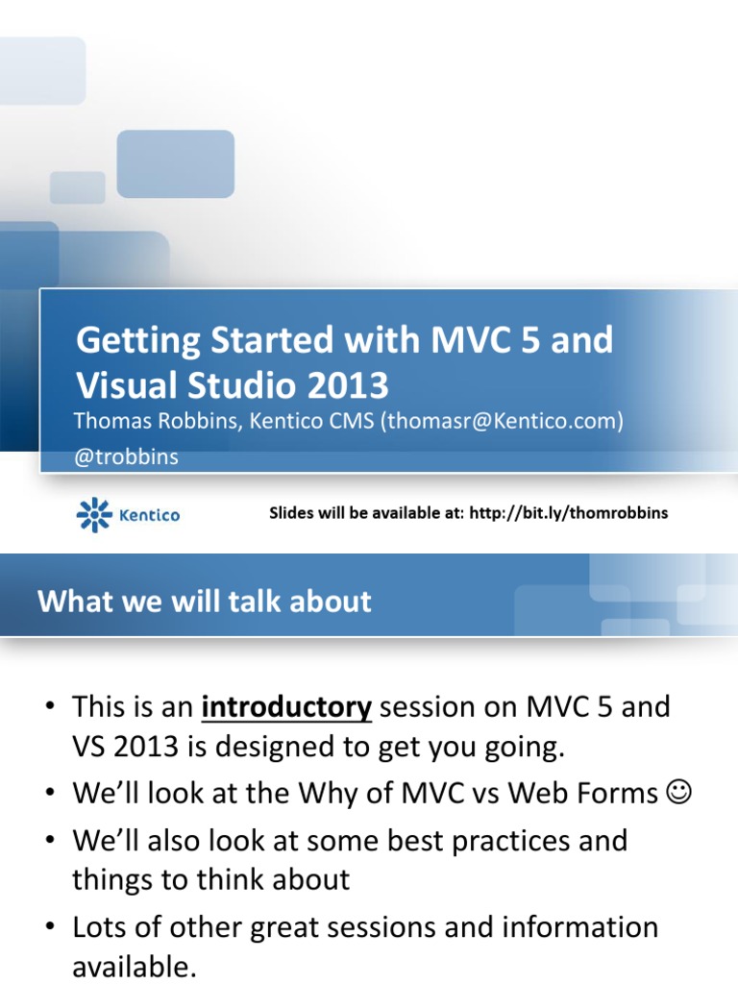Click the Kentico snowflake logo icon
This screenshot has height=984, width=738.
(93, 515)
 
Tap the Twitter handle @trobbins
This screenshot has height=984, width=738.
(127, 457)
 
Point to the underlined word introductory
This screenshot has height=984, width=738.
(286, 708)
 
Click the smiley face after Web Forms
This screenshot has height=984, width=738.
(676, 795)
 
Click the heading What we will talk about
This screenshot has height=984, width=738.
(204, 602)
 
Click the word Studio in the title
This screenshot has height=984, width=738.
(242, 385)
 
